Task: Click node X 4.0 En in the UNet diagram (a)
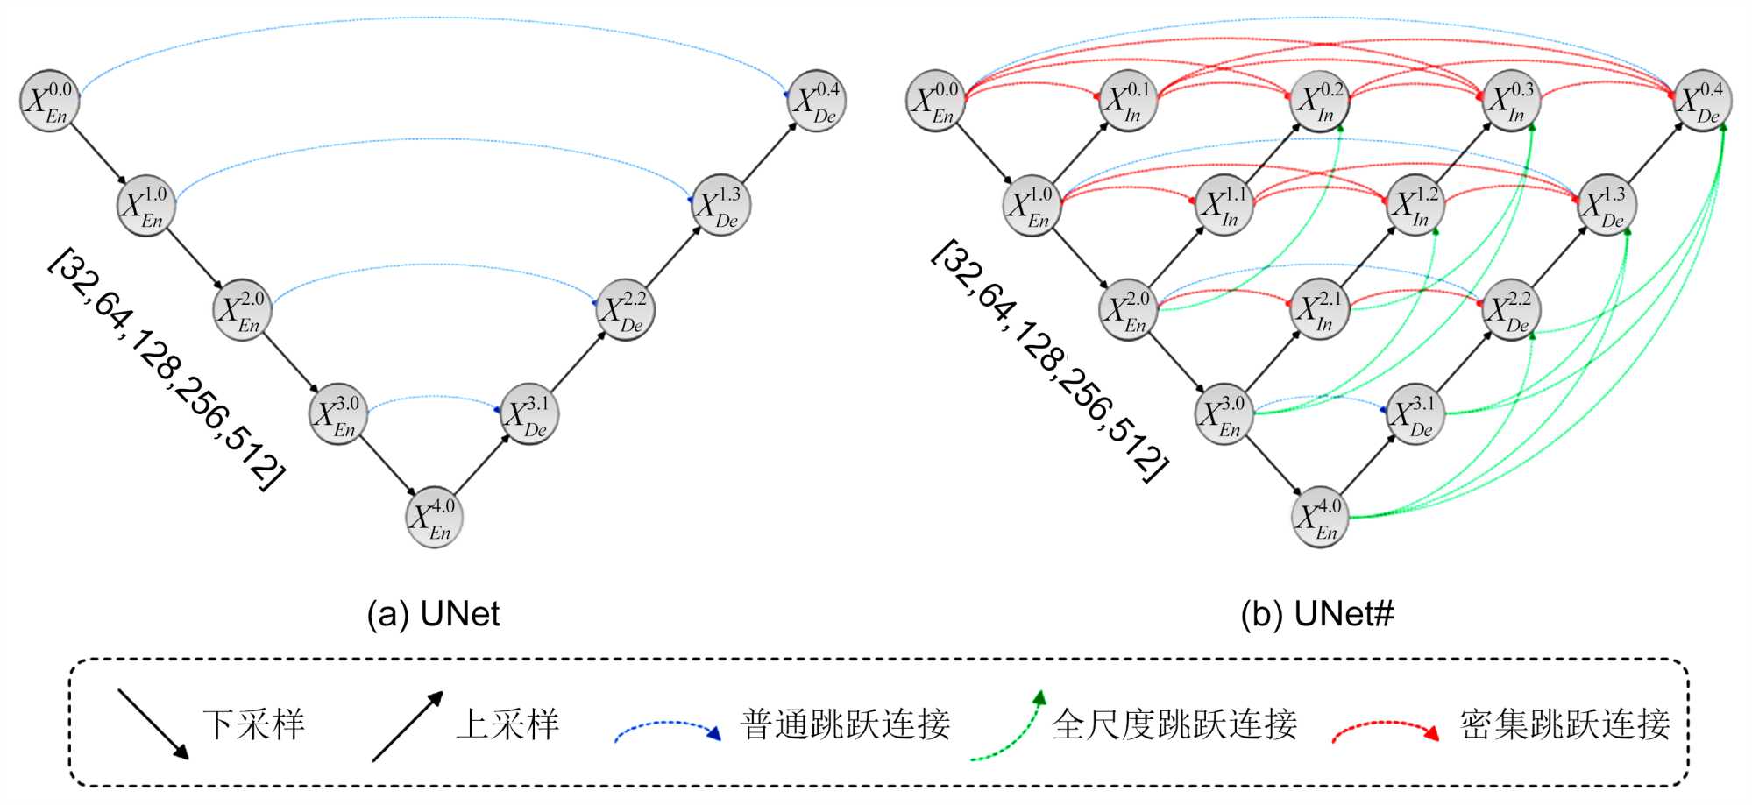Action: point(434,518)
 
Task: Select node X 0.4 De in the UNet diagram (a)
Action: point(816,101)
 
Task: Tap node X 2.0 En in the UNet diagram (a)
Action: point(242,310)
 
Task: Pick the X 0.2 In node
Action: point(1319,101)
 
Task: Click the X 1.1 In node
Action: point(1224,205)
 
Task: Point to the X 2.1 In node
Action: point(1319,310)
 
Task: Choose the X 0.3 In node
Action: point(1511,101)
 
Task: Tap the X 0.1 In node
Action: point(1127,101)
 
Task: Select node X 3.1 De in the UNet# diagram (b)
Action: point(1415,414)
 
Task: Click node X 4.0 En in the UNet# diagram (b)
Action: point(1319,518)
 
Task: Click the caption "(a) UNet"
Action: point(433,614)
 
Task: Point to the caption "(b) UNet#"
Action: point(1316,614)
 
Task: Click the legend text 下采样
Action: point(253,724)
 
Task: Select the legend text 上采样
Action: point(507,724)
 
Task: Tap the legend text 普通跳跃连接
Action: point(845,724)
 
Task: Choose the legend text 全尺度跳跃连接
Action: point(1174,724)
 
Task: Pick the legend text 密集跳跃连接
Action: point(1564,724)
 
